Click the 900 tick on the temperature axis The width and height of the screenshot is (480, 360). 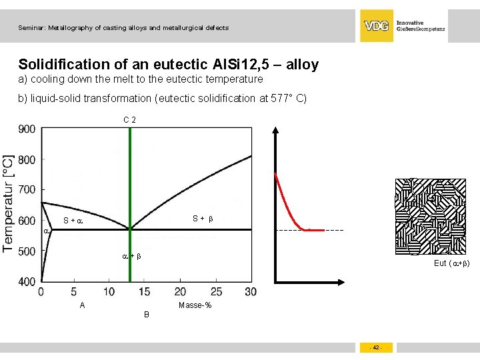click(27, 129)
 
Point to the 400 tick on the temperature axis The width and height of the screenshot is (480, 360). click(27, 282)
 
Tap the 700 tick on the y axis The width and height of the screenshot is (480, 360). click(27, 190)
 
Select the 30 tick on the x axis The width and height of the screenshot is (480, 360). click(251, 292)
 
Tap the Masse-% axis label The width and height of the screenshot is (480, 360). click(195, 305)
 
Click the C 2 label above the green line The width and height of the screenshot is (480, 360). click(130, 120)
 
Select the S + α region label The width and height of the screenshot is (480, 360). click(73, 221)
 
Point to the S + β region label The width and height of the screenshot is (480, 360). click(203, 218)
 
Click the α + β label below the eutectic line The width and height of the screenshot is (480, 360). click(131, 256)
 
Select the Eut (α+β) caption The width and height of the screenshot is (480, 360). click(451, 263)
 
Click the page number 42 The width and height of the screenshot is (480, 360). click(376, 348)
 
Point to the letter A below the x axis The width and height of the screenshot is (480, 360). click(82, 305)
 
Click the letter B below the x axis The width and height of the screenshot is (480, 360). click(147, 314)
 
